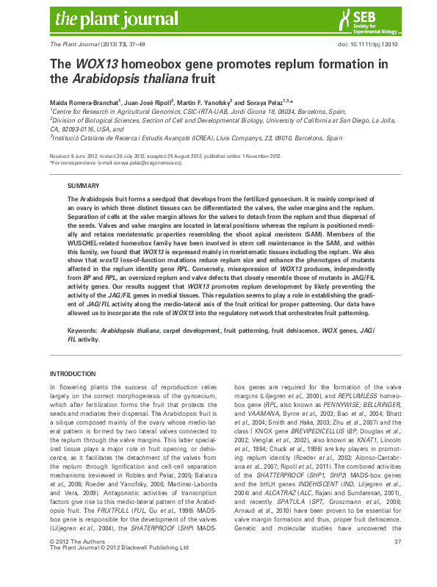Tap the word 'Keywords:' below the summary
coord(82,331)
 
